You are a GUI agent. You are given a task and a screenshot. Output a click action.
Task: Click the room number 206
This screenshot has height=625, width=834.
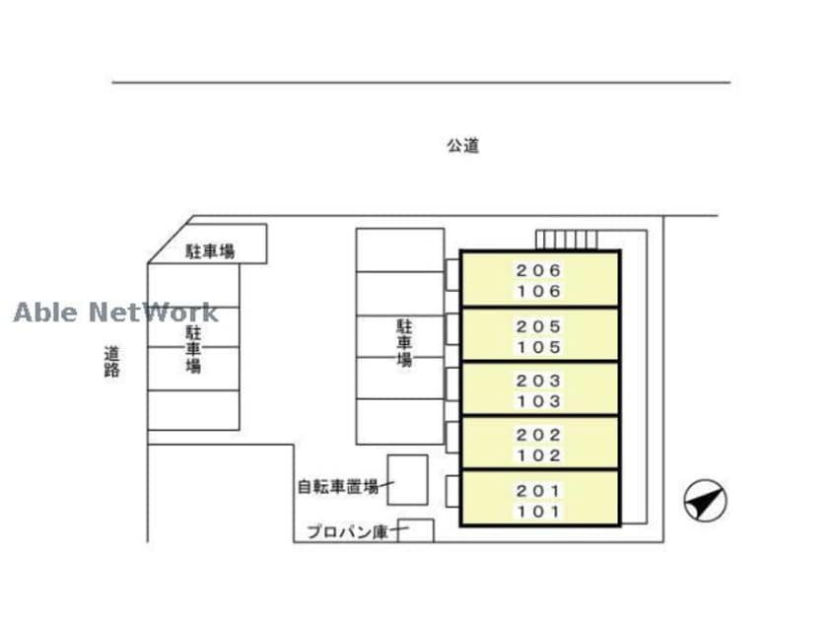coord(538,270)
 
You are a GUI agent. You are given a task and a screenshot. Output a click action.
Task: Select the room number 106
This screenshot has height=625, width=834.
coord(538,291)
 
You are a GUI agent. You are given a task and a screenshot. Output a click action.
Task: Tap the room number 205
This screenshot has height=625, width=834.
coord(538,326)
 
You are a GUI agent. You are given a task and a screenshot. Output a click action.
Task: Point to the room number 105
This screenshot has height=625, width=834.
coord(538,347)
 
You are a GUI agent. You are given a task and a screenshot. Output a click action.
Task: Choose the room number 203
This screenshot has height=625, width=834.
coord(538,381)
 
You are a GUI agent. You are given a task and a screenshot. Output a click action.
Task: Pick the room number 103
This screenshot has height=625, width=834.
coord(538,401)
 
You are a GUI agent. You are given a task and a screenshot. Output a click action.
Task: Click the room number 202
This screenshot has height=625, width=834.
coord(538,435)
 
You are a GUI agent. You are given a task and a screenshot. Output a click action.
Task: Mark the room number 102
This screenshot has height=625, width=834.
coord(538,455)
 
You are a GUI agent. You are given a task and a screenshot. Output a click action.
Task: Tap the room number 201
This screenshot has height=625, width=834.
coord(538,490)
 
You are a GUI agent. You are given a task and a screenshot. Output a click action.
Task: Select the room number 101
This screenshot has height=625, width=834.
coord(538,512)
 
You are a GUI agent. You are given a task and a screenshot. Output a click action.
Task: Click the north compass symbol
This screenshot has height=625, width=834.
coord(705,500)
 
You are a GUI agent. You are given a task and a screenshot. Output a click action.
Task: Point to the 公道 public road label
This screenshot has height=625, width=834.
coord(462,145)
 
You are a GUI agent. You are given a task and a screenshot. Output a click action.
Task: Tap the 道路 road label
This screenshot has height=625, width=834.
coord(111,362)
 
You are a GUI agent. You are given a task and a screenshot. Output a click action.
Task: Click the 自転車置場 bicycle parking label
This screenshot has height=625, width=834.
coord(338,486)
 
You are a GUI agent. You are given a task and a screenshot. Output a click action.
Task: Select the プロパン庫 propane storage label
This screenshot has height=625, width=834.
coord(348,531)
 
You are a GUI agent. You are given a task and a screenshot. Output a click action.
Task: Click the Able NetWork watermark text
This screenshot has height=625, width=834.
coord(115,312)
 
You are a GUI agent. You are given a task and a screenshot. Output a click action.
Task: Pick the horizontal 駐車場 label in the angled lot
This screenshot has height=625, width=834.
coord(210,251)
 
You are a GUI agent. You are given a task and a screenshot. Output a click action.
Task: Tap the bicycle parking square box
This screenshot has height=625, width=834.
coord(407,480)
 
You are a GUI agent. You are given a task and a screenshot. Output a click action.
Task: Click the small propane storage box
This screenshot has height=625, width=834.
coord(416,530)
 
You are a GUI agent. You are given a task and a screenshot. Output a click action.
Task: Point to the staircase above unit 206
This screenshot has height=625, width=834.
coord(567,240)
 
